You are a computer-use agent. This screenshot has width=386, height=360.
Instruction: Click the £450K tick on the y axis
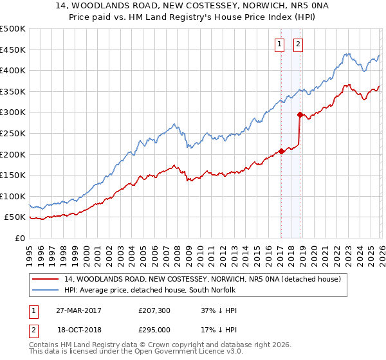(x=13, y=50)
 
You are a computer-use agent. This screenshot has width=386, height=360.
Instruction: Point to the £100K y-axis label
(x=13, y=196)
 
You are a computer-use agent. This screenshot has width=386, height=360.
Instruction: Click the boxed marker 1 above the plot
(x=280, y=44)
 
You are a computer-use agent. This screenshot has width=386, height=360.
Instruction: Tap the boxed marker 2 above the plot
(x=299, y=44)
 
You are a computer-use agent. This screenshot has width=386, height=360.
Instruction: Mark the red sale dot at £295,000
(x=300, y=114)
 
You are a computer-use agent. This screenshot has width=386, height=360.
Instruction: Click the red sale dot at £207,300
(x=282, y=152)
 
